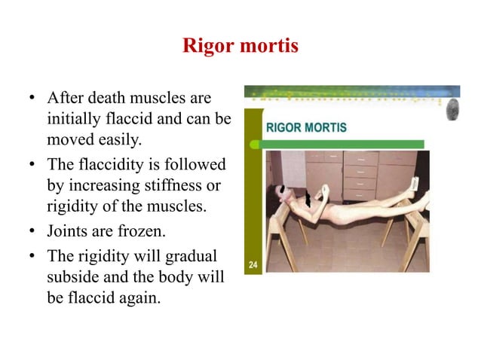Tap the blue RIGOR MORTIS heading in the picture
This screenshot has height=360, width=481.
[x=306, y=128]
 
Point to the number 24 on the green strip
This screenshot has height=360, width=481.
[x=255, y=264]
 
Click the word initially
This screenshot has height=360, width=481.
[x=74, y=119]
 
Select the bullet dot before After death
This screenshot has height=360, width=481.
[x=32, y=99]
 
